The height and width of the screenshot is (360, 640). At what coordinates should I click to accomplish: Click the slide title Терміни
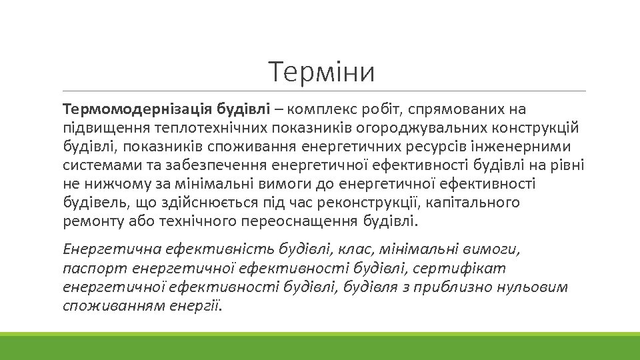pyautogui.click(x=322, y=72)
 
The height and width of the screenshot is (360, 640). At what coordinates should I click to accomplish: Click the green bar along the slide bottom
pyautogui.click(x=320, y=346)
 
